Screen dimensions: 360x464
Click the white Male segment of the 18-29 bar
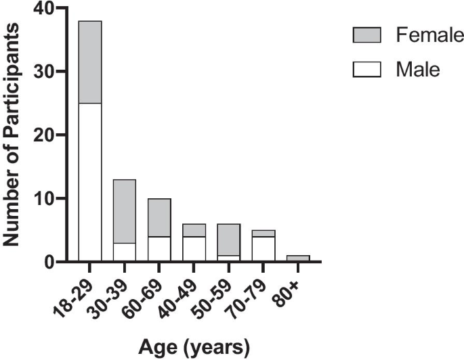point(90,181)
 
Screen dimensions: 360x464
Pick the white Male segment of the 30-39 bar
point(124,251)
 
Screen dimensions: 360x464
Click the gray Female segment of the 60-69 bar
point(161,217)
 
